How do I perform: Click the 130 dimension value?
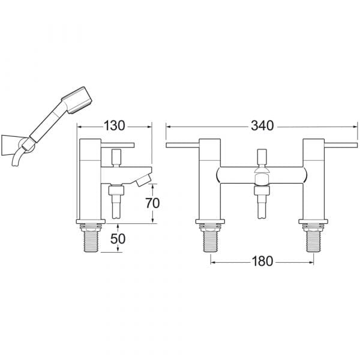(x=115, y=126)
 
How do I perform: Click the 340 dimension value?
(x=262, y=126)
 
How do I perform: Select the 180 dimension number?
(x=262, y=261)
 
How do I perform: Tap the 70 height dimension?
(x=152, y=203)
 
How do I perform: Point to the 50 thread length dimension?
(x=118, y=239)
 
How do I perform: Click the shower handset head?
(x=77, y=100)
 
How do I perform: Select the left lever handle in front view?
(x=182, y=145)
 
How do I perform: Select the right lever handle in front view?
(x=341, y=145)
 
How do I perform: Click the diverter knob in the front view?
(x=262, y=157)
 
